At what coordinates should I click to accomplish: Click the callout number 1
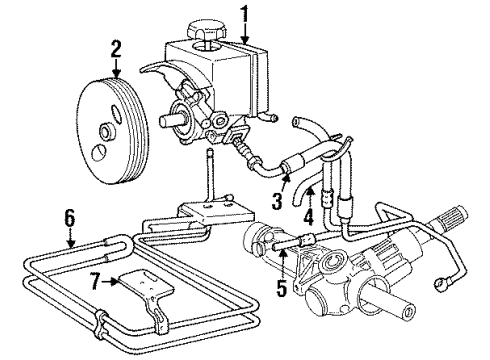tap(242, 14)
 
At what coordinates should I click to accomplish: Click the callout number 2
tap(117, 46)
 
